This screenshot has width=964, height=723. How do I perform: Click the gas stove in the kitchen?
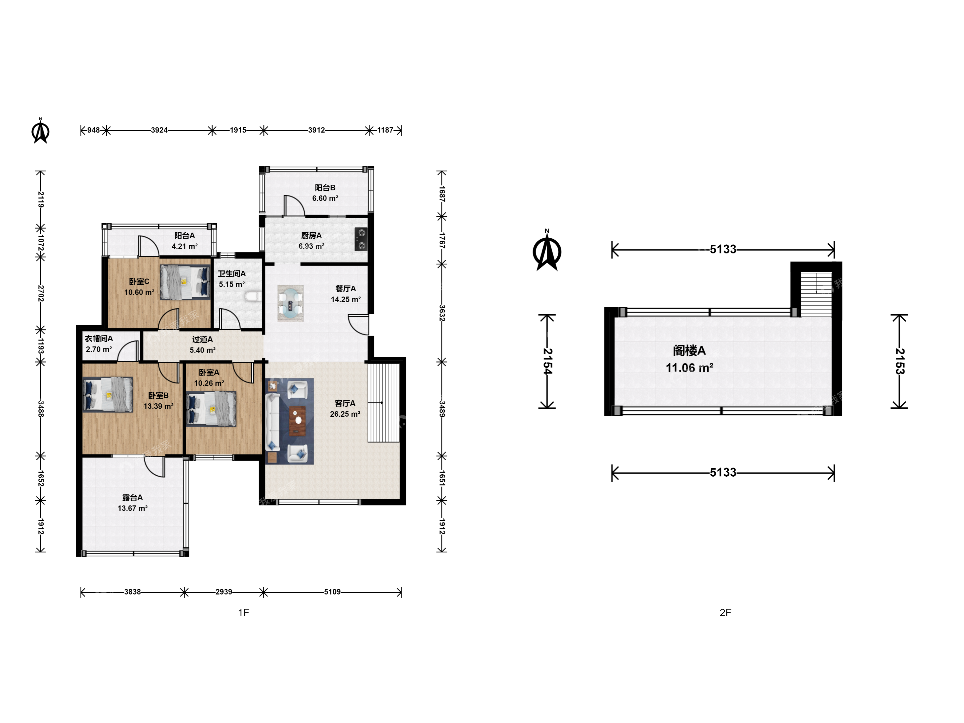pos(361,239)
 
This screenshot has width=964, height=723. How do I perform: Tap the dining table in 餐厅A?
pos(290,303)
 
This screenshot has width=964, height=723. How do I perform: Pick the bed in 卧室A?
pos(211,409)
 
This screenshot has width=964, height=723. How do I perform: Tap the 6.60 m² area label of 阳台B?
pos(325,198)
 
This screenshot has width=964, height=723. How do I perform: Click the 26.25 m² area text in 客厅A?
pos(345,414)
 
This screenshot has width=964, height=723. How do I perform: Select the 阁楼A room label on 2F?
pos(689,350)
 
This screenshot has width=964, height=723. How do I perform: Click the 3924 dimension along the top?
pos(159,130)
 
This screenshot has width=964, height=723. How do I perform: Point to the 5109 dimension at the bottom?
pos(332,592)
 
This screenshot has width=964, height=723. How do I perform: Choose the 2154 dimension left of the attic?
pos(547,361)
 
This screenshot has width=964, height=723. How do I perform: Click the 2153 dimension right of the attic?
pos(899,361)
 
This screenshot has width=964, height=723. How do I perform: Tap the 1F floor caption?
pos(244,613)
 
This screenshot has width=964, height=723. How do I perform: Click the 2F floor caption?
pos(725,613)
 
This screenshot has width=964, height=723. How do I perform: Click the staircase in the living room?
pos(384,403)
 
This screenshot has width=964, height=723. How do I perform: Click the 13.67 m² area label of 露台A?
pos(133,508)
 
